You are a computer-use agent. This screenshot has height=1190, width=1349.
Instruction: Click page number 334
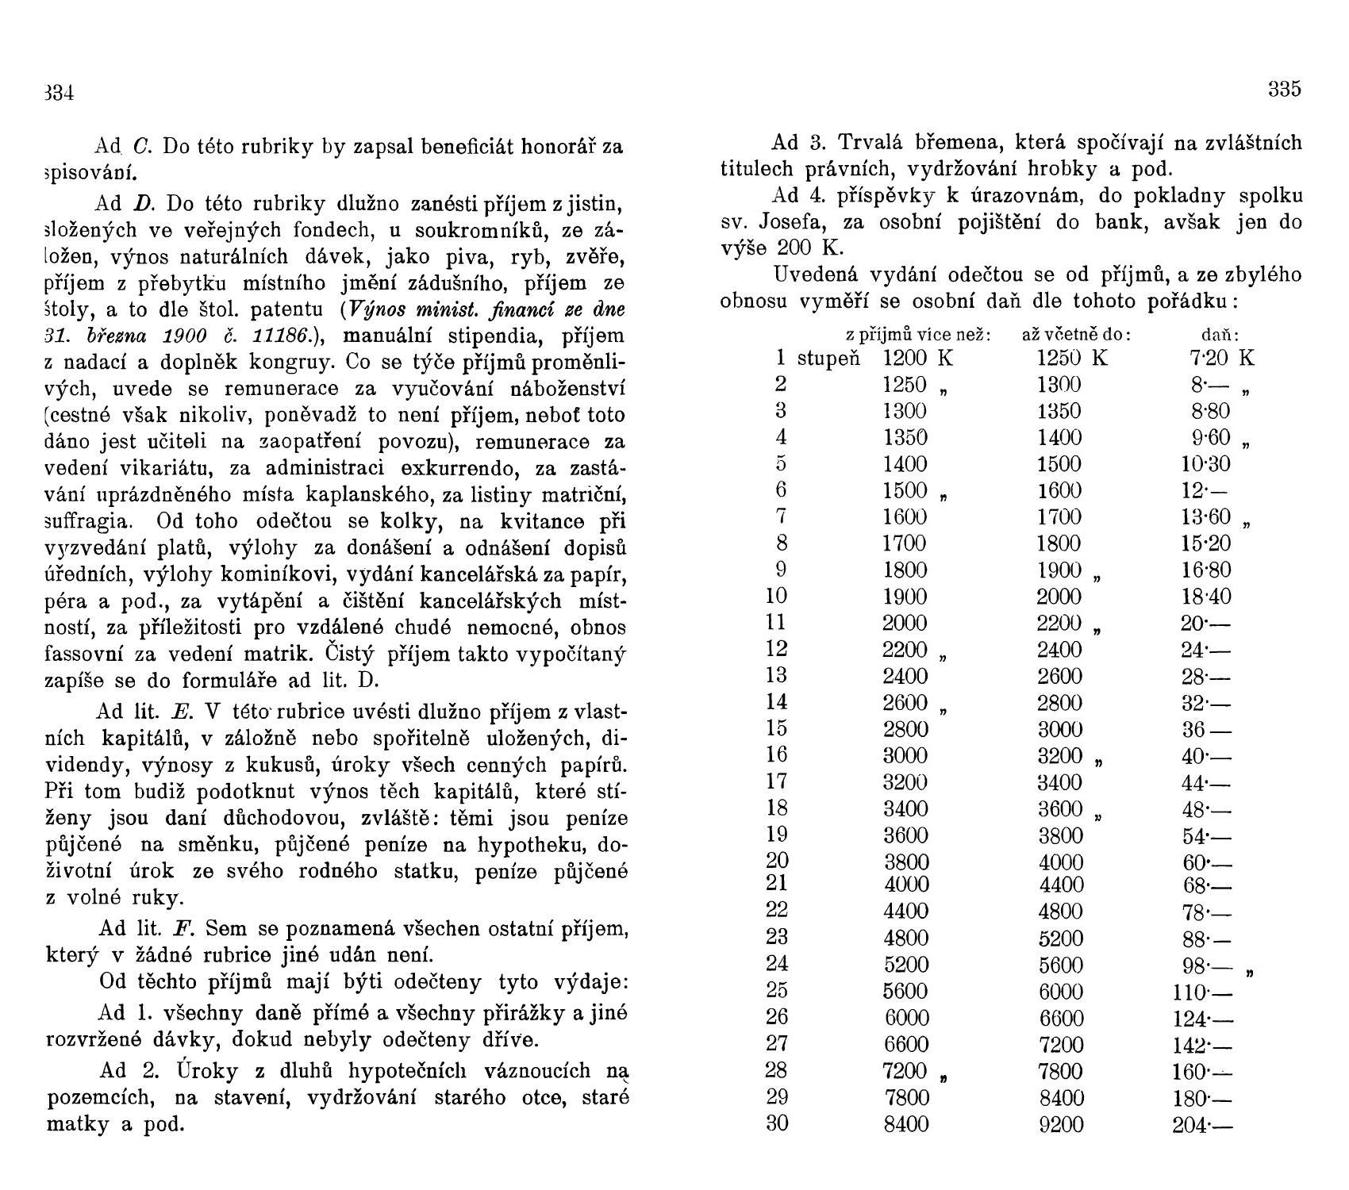pos(58,94)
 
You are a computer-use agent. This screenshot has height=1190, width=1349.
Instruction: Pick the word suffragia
pos(86,521)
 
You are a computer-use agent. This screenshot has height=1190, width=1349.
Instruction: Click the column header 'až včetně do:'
pos(1076,336)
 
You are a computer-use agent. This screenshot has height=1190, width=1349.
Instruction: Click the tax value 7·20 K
pos(1222,359)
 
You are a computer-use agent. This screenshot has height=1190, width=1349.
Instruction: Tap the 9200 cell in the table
pos(1061,1125)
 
